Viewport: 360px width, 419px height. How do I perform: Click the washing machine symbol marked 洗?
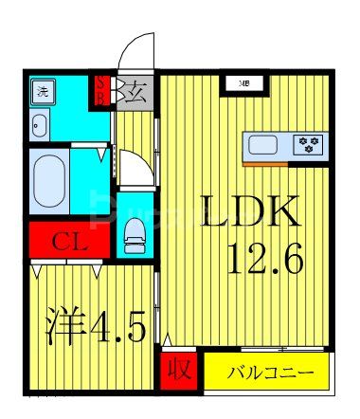coord(43,93)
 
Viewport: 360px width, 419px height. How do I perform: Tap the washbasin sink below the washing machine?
coord(41,123)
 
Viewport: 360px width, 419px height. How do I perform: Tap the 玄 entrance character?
coord(135,93)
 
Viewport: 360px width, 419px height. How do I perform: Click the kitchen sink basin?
coord(263,145)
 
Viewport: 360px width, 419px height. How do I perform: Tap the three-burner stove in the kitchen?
coord(308,145)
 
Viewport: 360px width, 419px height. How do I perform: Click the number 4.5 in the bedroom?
coord(117,329)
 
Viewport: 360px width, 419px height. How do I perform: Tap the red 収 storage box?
coord(176,369)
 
